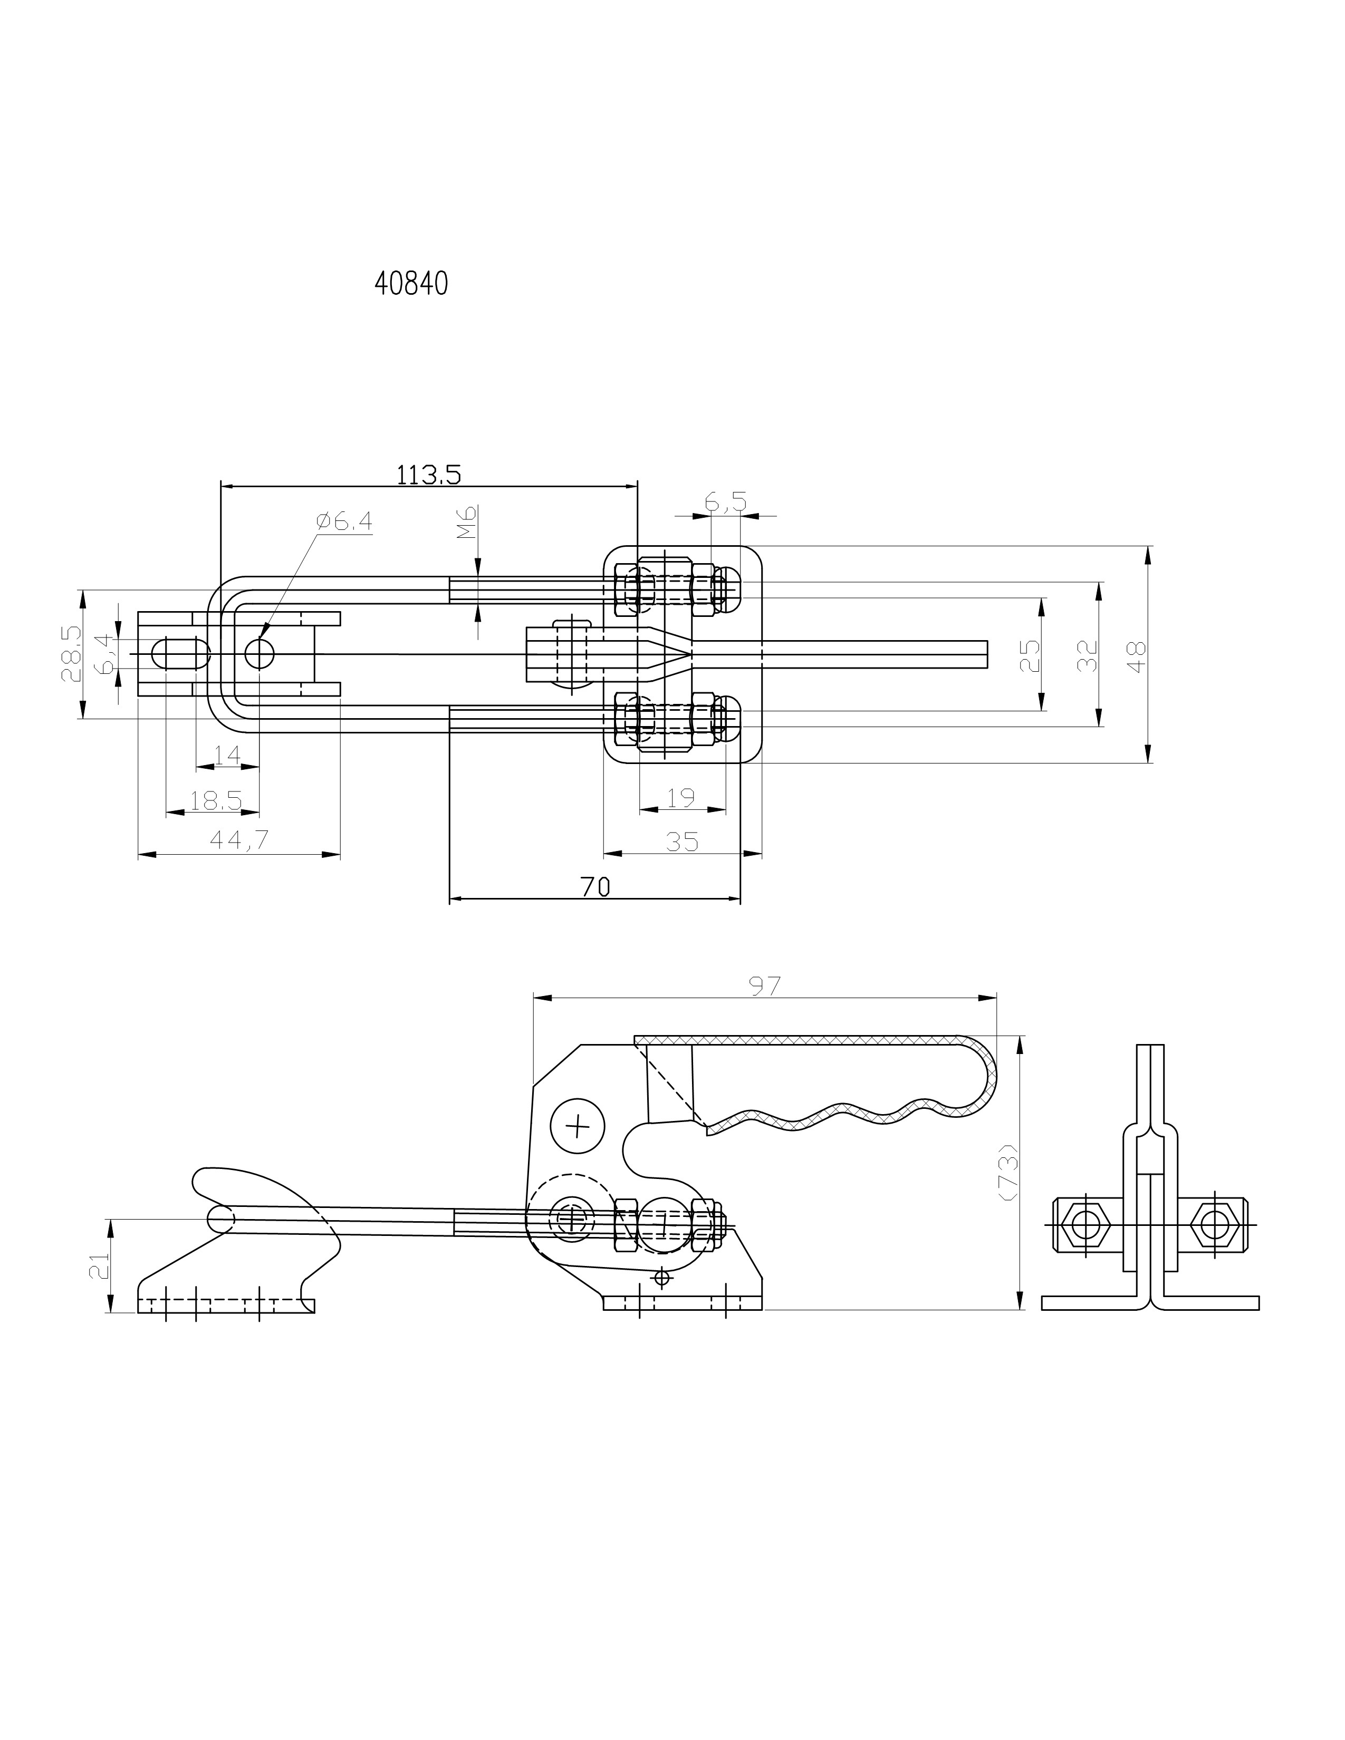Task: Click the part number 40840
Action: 411,284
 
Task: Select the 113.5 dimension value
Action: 429,475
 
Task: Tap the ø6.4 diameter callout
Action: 344,522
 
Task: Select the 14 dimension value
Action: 227,755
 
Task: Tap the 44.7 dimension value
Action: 239,840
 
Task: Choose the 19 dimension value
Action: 681,797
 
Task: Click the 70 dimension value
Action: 595,887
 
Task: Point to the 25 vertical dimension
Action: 1030,656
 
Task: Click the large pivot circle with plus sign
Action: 578,1126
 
